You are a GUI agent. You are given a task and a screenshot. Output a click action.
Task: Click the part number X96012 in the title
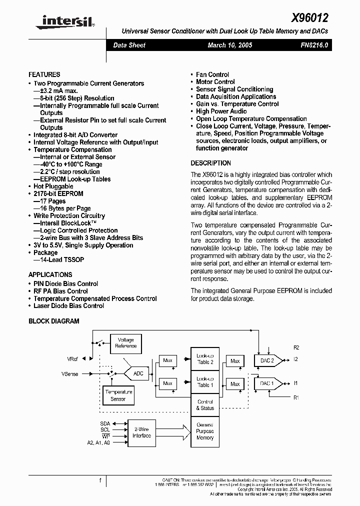[309, 18]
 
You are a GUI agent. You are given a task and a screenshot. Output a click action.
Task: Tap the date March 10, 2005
[229, 45]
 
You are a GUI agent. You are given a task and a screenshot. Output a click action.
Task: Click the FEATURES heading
[44, 74]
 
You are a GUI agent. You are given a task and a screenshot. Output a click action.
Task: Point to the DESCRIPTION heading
[210, 163]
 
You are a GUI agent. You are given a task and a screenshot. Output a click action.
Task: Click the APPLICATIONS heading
[50, 274]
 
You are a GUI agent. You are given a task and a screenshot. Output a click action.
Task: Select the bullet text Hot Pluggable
[53, 186]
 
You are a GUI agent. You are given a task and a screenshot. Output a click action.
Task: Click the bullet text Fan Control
[212, 74]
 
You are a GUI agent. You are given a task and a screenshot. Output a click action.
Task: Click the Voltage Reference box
[125, 343]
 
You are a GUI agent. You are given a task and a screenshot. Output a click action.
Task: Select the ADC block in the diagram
[138, 373]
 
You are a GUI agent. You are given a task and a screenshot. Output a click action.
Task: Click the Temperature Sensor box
[118, 395]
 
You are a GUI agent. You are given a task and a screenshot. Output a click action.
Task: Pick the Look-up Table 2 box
[205, 358]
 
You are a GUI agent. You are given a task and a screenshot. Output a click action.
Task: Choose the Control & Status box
[205, 404]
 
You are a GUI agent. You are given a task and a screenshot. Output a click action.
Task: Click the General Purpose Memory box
[205, 431]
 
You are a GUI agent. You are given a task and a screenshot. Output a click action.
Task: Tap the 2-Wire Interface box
[141, 432]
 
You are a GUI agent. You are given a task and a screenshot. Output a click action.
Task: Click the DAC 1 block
[267, 383]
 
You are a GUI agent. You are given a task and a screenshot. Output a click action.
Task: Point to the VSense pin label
[70, 373]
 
